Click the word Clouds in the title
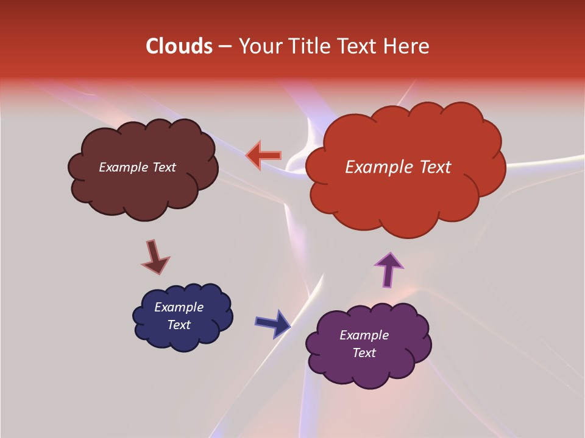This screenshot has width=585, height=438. click(x=179, y=46)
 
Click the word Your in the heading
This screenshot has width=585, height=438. click(x=260, y=46)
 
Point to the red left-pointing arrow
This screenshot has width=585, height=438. click(x=264, y=156)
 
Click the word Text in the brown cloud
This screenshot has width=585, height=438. click(x=164, y=167)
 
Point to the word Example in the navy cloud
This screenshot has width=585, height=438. click(x=179, y=307)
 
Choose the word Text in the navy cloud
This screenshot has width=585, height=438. click(x=179, y=325)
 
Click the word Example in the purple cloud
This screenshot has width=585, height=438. click(x=364, y=335)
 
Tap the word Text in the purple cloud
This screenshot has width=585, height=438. click(x=364, y=353)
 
